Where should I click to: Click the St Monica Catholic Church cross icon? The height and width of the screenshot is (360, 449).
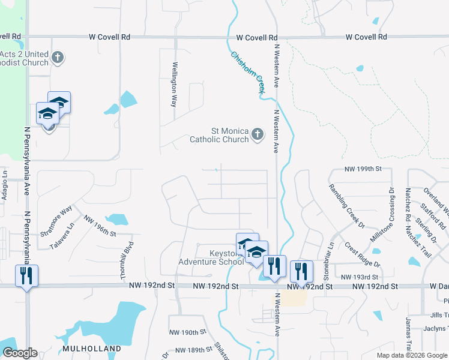pos(258,134)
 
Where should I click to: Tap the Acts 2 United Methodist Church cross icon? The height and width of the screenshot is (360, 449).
pos(58,58)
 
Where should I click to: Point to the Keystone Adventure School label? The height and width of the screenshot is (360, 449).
pos(211,257)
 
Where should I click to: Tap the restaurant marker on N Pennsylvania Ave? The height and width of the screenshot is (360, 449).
pos(26,275)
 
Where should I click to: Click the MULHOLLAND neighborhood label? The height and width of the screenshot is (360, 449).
pos(92,348)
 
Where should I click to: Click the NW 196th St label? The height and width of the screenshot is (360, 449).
pos(99,226)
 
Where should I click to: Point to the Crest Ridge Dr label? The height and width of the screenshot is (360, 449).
pos(362,255)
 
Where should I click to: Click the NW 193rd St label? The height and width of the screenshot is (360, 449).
pos(360,277)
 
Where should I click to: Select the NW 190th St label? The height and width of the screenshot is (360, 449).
pos(187,332)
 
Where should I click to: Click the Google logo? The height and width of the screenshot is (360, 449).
pos(19,353)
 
